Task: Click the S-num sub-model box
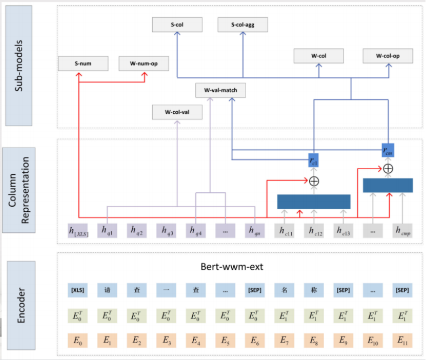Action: (83, 63)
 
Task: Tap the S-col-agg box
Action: (242, 24)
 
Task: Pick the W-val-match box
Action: (220, 91)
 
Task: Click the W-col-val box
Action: (177, 111)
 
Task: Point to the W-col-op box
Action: (388, 56)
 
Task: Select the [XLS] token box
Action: (77, 290)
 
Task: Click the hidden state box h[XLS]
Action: (77, 231)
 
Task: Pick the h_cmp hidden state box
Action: (402, 231)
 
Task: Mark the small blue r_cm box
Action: (388, 151)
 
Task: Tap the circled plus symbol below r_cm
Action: (388, 168)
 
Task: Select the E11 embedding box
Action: (402, 339)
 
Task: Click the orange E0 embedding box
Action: (77, 339)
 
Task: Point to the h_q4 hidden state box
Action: (196, 231)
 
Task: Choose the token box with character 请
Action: (107, 290)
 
